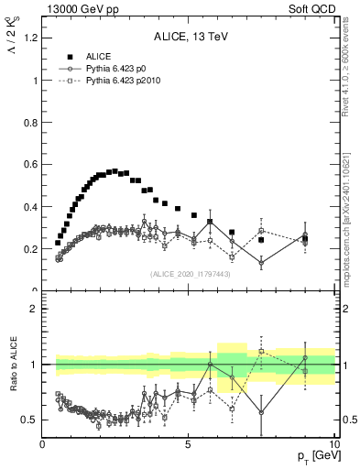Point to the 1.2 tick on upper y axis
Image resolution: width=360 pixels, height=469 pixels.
(x=29, y=38)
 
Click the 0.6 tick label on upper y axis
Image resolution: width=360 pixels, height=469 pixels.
(x=29, y=164)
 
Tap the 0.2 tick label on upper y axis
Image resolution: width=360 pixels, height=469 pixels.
(x=29, y=249)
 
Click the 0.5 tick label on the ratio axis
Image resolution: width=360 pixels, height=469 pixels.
(x=29, y=420)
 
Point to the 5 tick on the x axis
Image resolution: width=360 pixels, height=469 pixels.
(x=188, y=444)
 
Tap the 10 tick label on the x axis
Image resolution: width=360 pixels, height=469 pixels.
(x=333, y=444)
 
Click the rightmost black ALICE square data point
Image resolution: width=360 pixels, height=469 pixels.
(x=305, y=238)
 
